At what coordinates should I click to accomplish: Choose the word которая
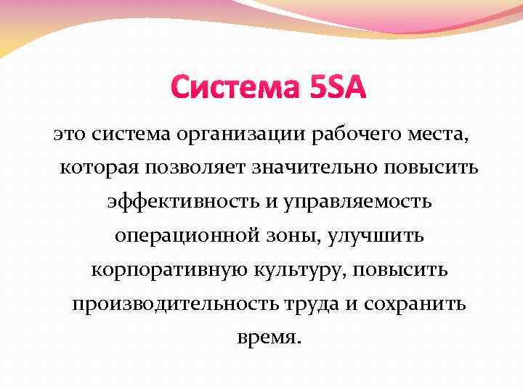click(x=100, y=168)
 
